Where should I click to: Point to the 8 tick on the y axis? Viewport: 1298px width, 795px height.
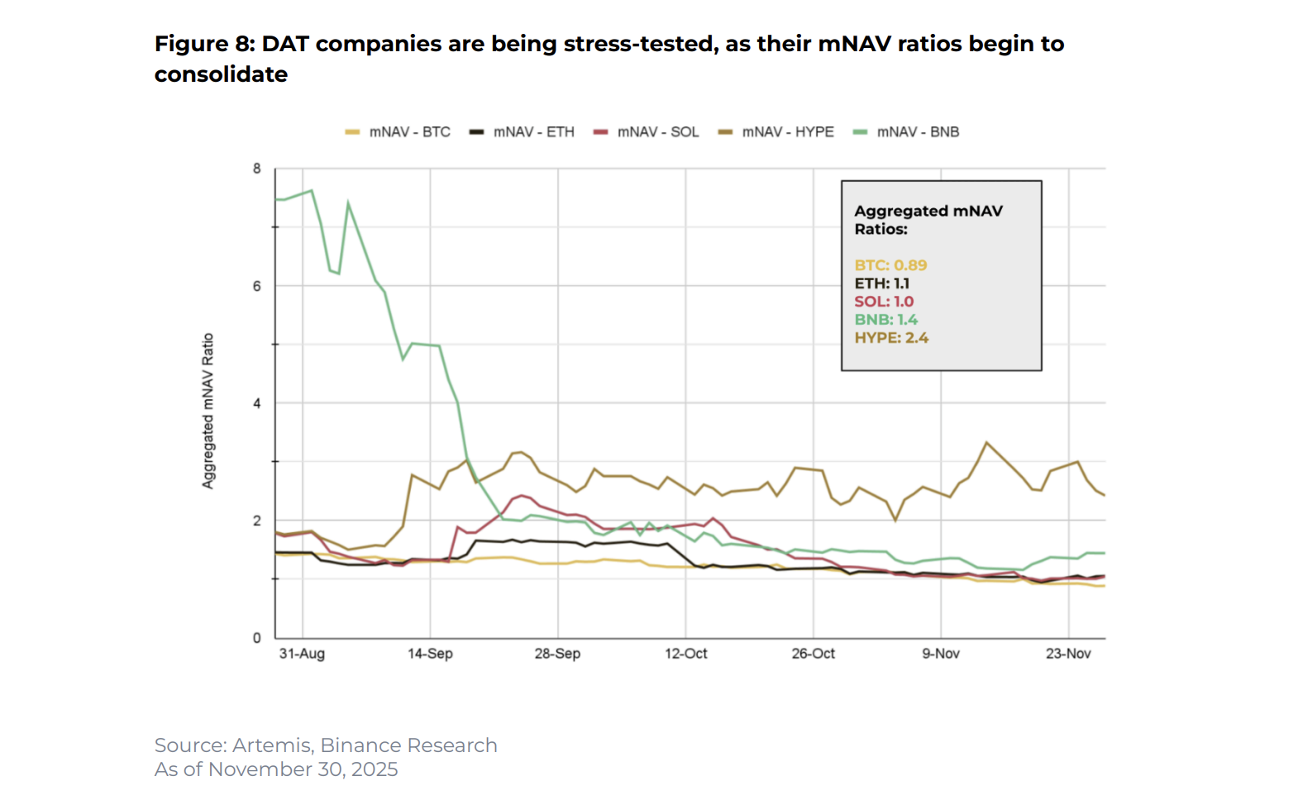[x=257, y=169]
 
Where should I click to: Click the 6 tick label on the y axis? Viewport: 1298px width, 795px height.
[x=257, y=286]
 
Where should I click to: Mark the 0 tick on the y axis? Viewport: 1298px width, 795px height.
[x=257, y=638]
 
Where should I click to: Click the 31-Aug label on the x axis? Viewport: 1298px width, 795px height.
[x=302, y=654]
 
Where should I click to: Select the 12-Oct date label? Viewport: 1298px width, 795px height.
[x=685, y=654]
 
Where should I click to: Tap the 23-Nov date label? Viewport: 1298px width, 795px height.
[x=1068, y=654]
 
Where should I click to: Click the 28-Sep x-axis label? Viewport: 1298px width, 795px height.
[x=557, y=654]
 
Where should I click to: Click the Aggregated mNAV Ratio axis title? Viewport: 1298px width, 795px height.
[x=208, y=411]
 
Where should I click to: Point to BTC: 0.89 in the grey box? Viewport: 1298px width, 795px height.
[x=890, y=265]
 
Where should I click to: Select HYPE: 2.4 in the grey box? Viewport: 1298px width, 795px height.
[x=891, y=338]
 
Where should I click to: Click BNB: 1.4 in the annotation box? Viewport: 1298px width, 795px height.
[x=885, y=320]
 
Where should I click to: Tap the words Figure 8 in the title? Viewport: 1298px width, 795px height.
[x=203, y=44]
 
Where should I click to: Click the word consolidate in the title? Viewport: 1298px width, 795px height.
[x=221, y=74]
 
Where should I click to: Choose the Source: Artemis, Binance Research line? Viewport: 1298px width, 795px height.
[x=326, y=745]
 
